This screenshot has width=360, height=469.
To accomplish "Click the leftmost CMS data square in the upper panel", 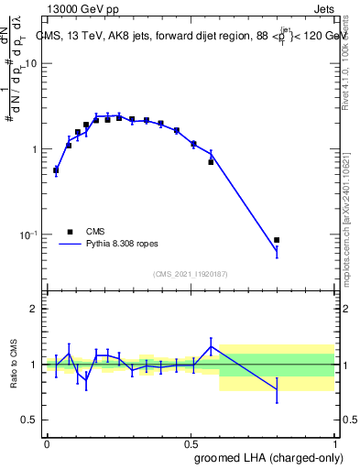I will [56, 169].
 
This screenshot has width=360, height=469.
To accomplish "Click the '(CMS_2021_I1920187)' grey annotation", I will [191, 273].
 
